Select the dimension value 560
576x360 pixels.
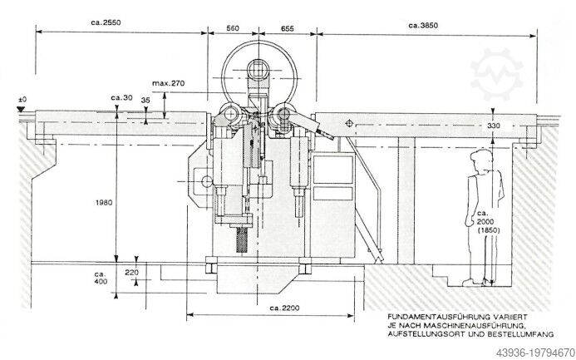point(234,28)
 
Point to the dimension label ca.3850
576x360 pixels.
point(423,27)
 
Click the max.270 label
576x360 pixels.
point(169,83)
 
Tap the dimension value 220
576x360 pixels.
point(132,272)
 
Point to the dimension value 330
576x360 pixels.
point(495,126)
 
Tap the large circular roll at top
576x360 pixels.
point(258,67)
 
